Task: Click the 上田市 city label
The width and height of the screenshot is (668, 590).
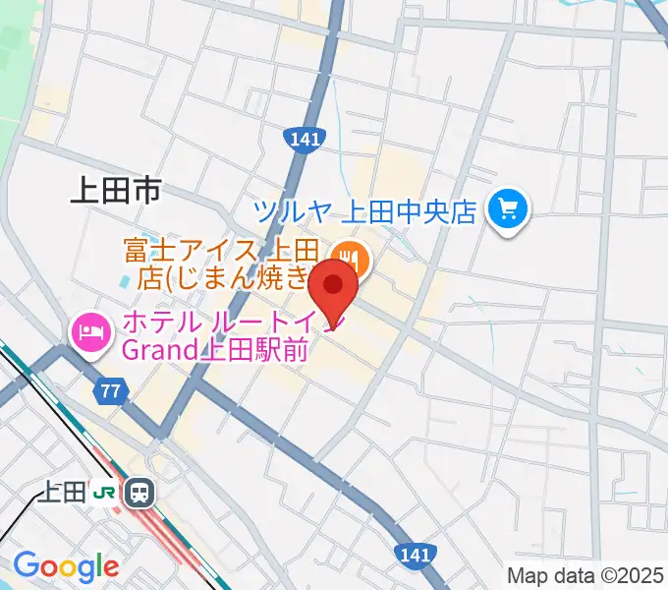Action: pos(115,191)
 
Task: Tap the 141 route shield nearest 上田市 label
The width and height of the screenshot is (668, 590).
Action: pos(305,140)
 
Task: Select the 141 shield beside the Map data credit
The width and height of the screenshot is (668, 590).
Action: pos(416,556)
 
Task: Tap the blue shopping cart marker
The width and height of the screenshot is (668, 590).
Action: pos(508,208)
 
